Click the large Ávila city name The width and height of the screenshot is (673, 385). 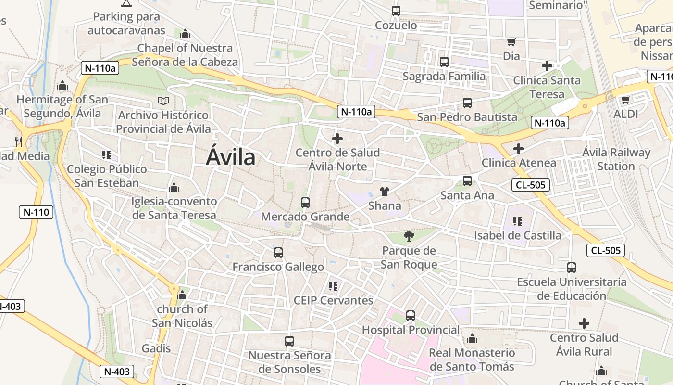(231, 157)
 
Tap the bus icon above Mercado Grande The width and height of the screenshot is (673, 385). (305, 203)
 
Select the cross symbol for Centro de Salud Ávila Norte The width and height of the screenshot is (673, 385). (337, 139)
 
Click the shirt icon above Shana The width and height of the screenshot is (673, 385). (384, 191)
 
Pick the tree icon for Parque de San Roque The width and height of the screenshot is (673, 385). (409, 236)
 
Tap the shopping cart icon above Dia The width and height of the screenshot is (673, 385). (511, 42)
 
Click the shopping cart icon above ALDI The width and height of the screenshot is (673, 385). (625, 100)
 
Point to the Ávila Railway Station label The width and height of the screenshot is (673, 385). (616, 159)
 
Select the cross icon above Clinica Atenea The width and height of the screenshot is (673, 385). (518, 149)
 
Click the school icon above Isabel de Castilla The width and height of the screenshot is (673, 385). (517, 221)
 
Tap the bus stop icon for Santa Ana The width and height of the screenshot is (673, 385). (467, 181)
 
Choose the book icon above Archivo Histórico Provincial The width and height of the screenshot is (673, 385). (163, 101)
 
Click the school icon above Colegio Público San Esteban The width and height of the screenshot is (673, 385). (107, 155)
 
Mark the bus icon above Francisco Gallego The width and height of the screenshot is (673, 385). (278, 253)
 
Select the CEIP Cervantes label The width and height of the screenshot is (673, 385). (333, 300)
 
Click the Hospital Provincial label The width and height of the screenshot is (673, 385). (411, 330)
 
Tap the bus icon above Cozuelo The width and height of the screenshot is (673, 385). (396, 11)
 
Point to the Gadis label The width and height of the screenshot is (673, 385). (156, 348)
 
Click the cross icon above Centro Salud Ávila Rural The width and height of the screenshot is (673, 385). (584, 323)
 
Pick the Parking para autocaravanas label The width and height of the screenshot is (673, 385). (126, 23)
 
